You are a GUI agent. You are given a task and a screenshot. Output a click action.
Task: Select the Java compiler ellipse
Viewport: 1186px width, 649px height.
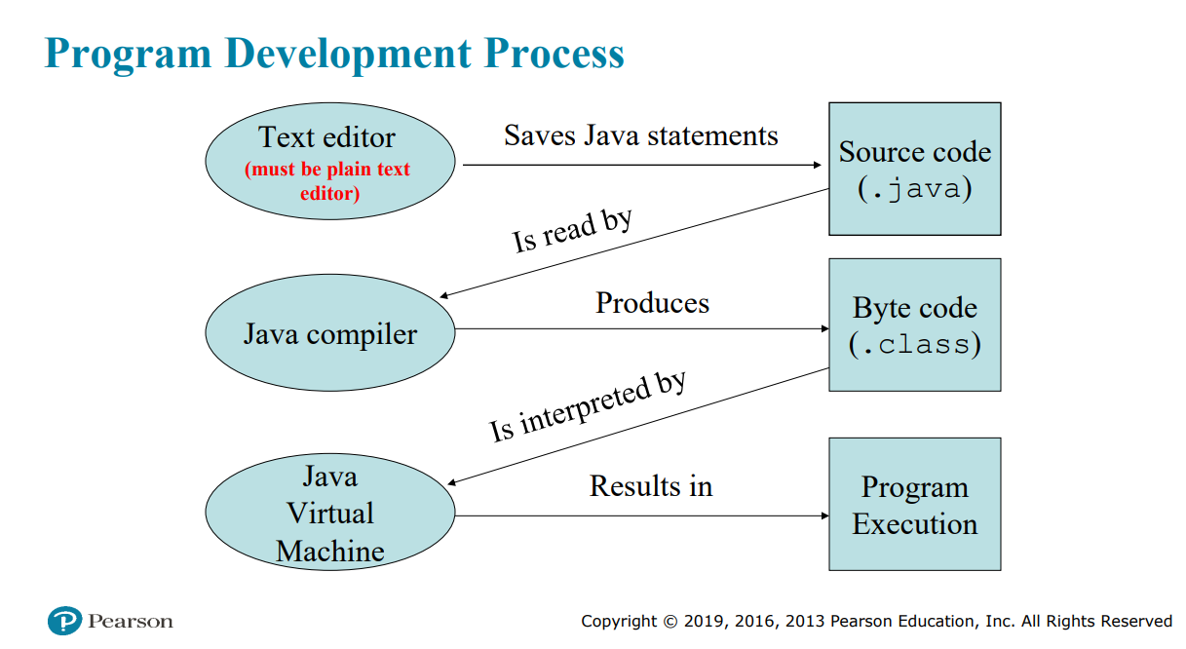coord(329,334)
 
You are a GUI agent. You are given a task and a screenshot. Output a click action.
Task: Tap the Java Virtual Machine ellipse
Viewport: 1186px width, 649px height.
coord(329,514)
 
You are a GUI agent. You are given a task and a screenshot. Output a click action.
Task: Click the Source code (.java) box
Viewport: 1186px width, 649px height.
coord(914,169)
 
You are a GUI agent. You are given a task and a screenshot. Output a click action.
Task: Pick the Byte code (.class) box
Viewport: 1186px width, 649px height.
coord(914,324)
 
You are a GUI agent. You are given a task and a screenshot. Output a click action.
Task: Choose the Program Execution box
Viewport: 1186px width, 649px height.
coord(914,504)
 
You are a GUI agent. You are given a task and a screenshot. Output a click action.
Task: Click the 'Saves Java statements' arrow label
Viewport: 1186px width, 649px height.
coord(640,134)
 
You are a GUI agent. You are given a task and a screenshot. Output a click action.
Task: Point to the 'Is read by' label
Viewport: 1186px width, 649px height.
coord(572,231)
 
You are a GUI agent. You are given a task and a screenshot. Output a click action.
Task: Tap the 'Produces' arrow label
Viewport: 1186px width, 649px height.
coord(652,302)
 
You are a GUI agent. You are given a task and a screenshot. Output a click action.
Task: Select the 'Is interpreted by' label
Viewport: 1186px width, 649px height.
coord(588,406)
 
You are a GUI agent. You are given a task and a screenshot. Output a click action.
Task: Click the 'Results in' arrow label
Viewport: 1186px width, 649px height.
coord(650,484)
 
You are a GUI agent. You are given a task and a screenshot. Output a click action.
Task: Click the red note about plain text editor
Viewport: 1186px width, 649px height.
coord(327,181)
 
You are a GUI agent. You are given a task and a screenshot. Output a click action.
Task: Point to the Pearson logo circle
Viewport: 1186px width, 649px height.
coord(63,621)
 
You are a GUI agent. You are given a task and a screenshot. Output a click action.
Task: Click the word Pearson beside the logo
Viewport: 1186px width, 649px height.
coord(130,621)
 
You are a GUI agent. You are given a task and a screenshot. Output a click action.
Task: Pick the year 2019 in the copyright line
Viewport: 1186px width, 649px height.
coord(703,621)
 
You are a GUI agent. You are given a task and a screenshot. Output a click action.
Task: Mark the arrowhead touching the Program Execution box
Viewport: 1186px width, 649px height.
coord(823,515)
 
